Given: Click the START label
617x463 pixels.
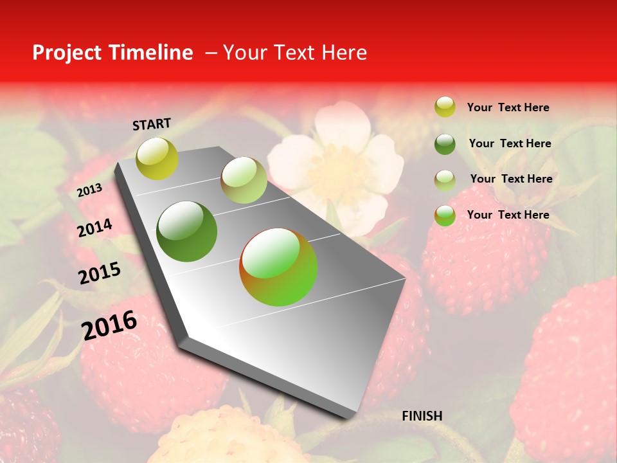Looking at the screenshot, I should point(152,123).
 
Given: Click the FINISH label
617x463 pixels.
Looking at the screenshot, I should point(422,416).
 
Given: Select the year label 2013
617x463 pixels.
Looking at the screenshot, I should point(89,190).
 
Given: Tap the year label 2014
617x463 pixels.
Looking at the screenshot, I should point(95,228).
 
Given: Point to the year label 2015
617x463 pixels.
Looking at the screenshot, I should point(100,273).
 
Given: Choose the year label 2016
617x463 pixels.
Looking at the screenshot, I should point(109,325).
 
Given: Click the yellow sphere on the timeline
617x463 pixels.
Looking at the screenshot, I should point(157,158).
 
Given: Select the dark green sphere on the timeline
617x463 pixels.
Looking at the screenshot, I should point(187,232).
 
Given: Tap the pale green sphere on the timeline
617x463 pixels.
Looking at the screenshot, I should point(244,180).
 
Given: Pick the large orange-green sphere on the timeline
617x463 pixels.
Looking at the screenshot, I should point(278,267).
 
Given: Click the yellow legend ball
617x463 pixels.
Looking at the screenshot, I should point(445,107).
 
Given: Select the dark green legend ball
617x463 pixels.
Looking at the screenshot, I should point(445,143).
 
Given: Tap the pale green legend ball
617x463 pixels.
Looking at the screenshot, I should point(445,179).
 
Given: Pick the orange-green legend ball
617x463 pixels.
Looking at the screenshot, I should point(445,215).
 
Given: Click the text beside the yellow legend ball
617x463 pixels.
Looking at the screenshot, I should point(508,107).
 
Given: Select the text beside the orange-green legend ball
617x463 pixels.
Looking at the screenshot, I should point(508,215).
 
